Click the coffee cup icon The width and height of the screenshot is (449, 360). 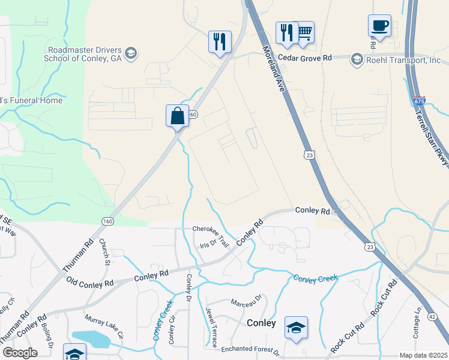pos(379,26)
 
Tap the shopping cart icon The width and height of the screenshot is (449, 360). pos(304,33)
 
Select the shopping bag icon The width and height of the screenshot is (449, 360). pos(178,115)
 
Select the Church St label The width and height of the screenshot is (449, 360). pos(104,252)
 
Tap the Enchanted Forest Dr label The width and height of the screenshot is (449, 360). pos(250,349)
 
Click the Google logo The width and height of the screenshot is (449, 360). pos(20,353)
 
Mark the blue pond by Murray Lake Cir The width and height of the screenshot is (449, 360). pos(91,339)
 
